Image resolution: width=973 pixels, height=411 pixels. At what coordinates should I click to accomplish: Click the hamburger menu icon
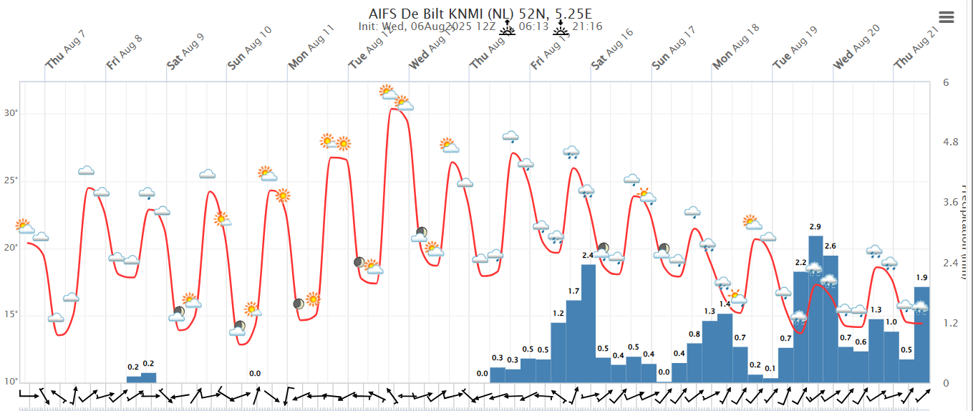947,17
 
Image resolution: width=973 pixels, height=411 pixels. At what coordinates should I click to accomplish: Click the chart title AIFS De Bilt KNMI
480,14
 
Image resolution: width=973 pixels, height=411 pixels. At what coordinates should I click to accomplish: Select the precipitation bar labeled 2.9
815,308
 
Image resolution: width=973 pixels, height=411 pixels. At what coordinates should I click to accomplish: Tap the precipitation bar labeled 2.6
831,318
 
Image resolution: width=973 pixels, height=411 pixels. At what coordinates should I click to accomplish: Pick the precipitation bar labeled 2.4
589,323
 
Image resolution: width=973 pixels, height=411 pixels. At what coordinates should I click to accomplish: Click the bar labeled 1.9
921,334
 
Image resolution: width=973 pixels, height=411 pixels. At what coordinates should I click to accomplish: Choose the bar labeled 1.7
573,341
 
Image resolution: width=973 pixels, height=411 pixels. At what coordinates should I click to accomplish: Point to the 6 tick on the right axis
946,82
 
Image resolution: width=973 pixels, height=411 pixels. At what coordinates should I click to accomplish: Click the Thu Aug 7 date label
65,50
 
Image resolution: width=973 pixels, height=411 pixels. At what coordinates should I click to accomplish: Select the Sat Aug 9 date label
185,50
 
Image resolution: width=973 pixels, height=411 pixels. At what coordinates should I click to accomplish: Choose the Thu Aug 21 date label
916,50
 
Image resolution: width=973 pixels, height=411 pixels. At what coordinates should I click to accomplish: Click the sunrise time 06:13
533,26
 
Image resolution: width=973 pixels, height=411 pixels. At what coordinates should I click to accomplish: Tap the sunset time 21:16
587,26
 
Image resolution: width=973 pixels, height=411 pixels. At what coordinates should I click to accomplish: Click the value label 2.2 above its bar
800,262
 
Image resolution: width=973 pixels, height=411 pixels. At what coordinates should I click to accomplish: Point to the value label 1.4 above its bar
725,304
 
